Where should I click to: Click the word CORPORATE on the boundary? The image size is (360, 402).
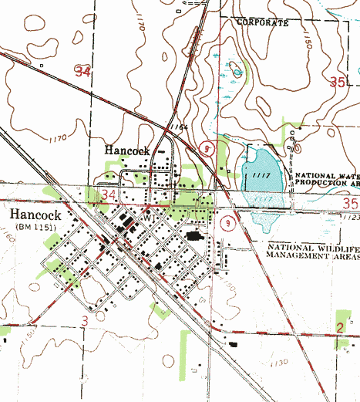[x=262, y=23]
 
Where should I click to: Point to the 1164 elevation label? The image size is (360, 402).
[x=180, y=127]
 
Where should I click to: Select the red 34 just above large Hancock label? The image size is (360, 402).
[x=109, y=193]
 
